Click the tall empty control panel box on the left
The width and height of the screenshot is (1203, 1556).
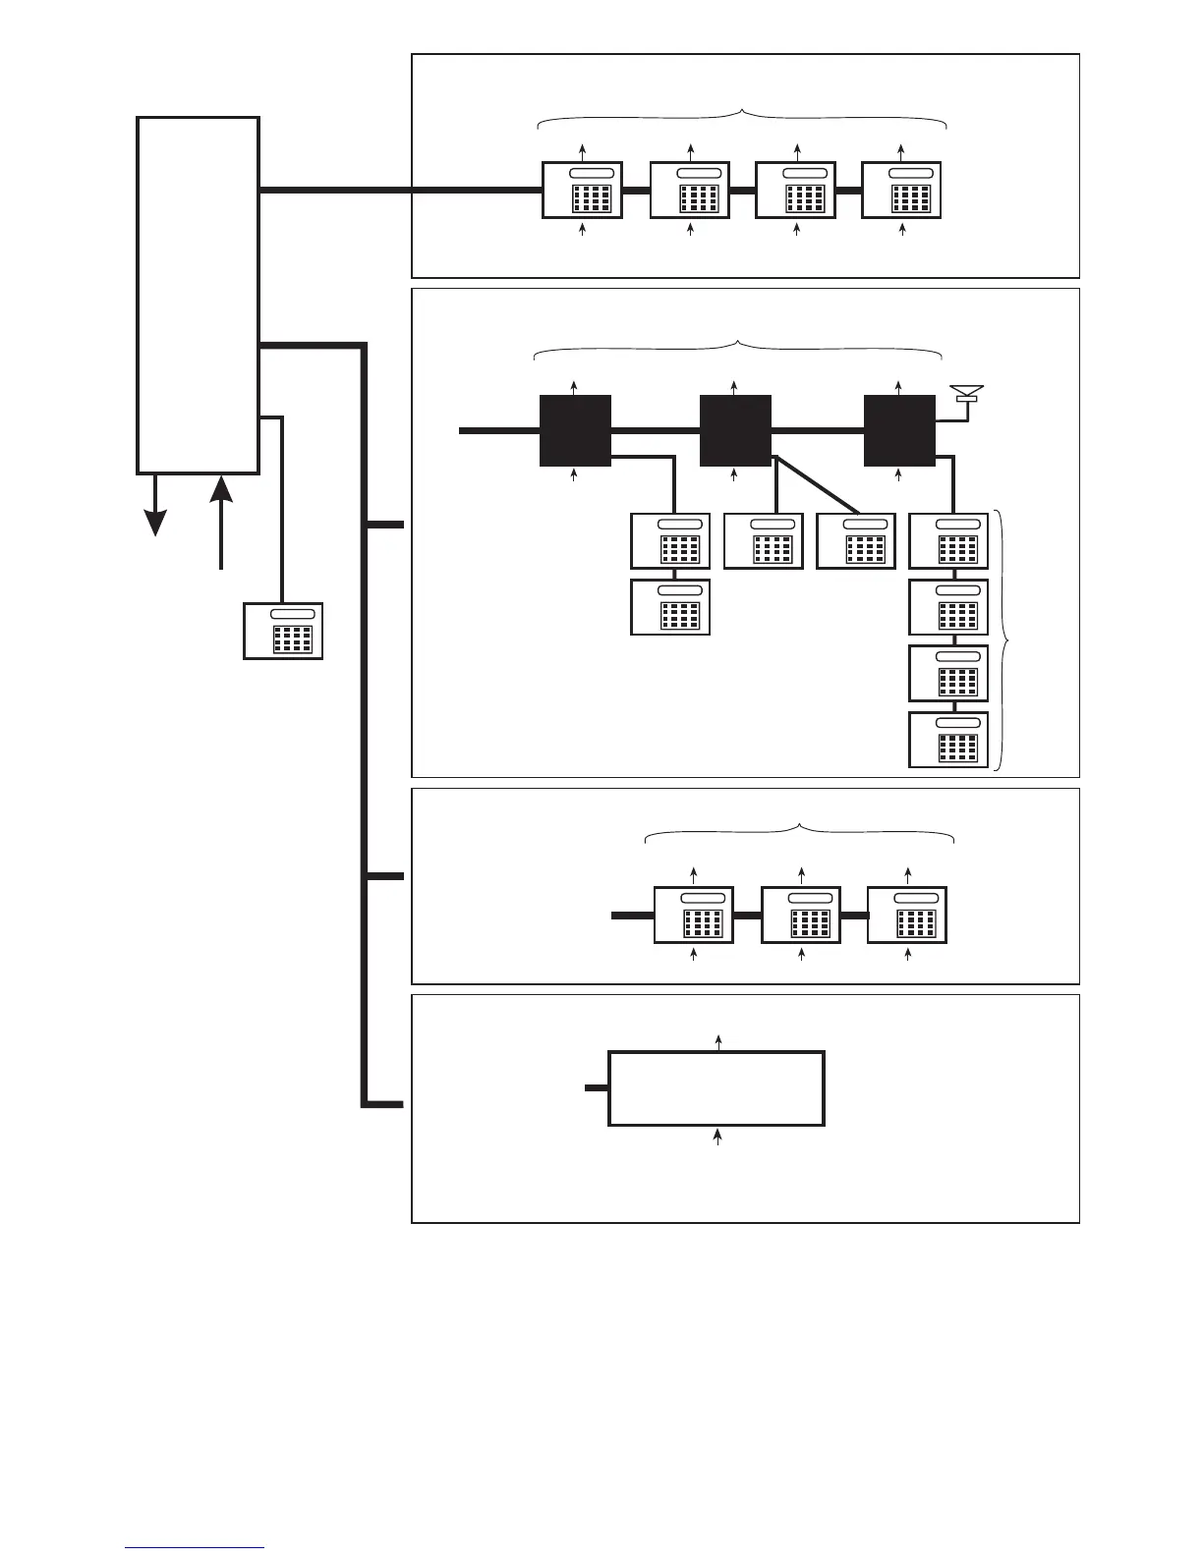tap(198, 295)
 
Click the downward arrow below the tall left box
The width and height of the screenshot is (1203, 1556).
tap(155, 507)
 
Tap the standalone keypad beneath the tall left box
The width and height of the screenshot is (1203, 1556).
tap(283, 630)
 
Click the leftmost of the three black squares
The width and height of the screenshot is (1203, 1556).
tap(575, 431)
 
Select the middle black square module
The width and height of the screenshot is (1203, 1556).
tap(735, 431)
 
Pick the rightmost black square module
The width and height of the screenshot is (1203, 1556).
tap(899, 431)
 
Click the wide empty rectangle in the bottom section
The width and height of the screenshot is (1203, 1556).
tap(716, 1088)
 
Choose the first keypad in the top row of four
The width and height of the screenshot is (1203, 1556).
tap(583, 190)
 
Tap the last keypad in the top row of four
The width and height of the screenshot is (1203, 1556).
tap(901, 190)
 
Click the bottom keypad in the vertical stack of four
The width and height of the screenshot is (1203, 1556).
tap(948, 740)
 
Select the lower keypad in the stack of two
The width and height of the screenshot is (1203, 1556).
tap(670, 607)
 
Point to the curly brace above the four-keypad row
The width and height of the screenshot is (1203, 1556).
tap(742, 118)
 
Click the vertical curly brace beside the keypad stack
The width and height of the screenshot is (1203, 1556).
tap(1002, 639)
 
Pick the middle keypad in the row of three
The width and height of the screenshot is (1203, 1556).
tap(801, 915)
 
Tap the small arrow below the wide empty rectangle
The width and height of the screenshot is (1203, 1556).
tap(717, 1137)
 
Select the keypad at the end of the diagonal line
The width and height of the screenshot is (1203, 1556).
tap(856, 540)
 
